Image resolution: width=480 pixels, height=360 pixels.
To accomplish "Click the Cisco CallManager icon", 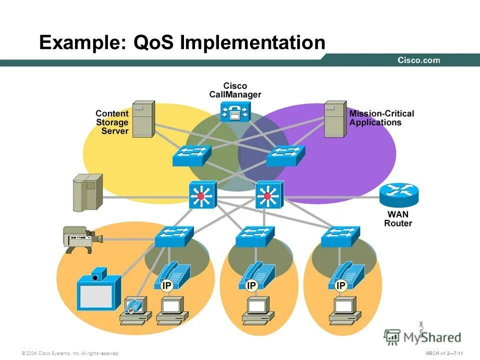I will [x=235, y=112].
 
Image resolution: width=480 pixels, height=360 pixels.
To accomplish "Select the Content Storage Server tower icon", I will [x=143, y=119].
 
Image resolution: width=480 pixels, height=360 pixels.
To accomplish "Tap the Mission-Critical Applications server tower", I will [x=335, y=119].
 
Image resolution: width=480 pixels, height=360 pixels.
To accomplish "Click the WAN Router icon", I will [x=398, y=195].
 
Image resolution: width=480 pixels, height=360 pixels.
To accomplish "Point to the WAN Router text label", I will [x=398, y=219].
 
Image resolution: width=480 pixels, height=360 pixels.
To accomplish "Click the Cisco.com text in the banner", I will [x=418, y=60].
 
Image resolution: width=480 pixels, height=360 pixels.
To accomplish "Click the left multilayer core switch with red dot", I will [x=202, y=195].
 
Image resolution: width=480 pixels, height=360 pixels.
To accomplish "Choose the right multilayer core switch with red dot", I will [x=269, y=195].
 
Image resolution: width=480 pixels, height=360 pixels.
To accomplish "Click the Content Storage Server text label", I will [x=112, y=122].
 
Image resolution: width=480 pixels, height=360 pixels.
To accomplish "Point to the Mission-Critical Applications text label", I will [x=381, y=118].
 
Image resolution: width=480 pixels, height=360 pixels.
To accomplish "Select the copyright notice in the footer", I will [x=70, y=353].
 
